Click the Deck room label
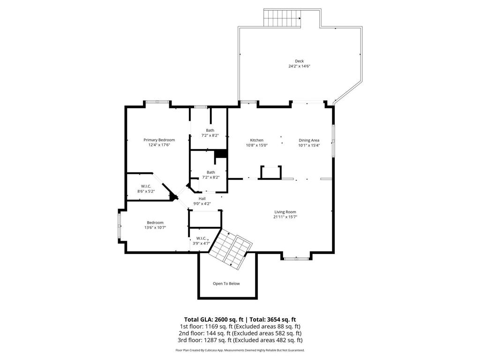[299, 61]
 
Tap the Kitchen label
[256, 140]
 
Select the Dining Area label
[309, 140]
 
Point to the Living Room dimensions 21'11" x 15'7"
[285, 217]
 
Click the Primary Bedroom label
[159, 140]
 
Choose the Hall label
[202, 198]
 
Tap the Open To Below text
[226, 284]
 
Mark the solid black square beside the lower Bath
[220, 155]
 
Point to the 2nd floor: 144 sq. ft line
[240, 333]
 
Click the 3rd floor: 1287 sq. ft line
[240, 340]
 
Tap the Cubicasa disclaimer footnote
[240, 350]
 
